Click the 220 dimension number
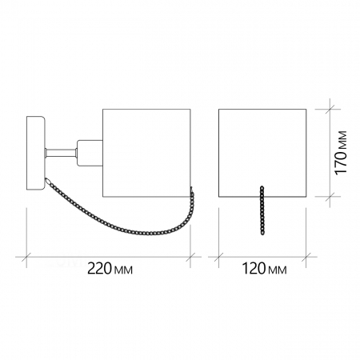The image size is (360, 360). tap(99, 268)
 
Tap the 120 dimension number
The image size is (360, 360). tap(254, 268)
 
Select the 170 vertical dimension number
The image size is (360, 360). tap(341, 163)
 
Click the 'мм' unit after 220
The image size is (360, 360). tap(123, 270)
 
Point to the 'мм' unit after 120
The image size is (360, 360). tap(278, 270)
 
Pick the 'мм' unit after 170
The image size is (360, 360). tap(342, 140)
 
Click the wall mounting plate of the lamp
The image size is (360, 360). tap(35, 153)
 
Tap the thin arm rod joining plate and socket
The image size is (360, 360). tap(61, 153)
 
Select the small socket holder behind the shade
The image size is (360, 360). tap(90, 153)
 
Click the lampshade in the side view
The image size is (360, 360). tap(146, 153)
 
